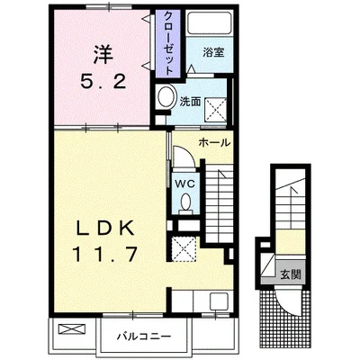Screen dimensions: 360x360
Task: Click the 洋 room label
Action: pos(103,54)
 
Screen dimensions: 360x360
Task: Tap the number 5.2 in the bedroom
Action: pos(103,81)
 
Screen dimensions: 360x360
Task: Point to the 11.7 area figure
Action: pos(104,254)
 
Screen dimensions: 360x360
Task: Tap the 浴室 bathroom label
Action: pos(213,52)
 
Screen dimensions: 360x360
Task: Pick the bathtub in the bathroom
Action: pos(209,22)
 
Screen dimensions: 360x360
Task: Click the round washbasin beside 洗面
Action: pos(166,96)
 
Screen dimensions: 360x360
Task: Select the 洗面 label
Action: pos(190,102)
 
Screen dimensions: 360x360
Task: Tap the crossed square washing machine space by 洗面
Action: pos(215,110)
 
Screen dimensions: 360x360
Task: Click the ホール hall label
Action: pos(215,142)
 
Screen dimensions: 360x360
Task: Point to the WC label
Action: pos(185,184)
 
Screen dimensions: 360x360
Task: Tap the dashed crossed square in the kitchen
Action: pos(183,248)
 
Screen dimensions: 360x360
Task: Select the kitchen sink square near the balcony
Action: pos(219,301)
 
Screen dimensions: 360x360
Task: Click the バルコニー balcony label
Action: pos(144,337)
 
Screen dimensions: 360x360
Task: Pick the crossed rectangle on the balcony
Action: pos(72,329)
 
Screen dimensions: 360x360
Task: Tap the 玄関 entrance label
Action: pos(291,274)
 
